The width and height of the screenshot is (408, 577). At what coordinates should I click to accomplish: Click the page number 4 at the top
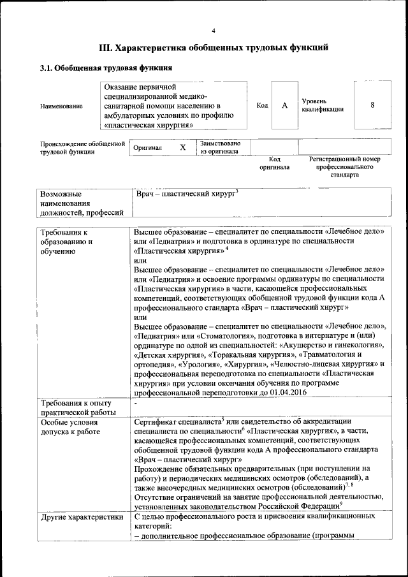(x=214, y=31)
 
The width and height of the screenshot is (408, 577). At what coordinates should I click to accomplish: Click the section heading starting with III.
(x=214, y=48)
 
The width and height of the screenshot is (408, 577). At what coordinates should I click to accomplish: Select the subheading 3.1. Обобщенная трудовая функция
(x=106, y=68)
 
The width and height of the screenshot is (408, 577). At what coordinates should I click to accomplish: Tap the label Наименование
(x=61, y=105)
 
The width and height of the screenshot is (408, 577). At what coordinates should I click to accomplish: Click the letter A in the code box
(x=284, y=105)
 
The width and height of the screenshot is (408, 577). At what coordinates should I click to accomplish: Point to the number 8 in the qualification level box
(x=372, y=105)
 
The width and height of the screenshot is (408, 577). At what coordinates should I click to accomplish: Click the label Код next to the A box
(x=262, y=105)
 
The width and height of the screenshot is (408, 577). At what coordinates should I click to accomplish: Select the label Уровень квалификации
(x=323, y=105)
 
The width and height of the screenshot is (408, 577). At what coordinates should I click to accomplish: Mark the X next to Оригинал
(x=182, y=148)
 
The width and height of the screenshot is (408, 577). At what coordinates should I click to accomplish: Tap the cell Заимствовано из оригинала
(x=220, y=147)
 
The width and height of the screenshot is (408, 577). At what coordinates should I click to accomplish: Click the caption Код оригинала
(x=275, y=163)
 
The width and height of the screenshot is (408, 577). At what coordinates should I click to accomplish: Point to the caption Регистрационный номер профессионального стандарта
(x=344, y=166)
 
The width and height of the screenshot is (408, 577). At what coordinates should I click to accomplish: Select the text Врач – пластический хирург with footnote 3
(x=187, y=193)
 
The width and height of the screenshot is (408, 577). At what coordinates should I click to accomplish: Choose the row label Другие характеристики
(x=81, y=517)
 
